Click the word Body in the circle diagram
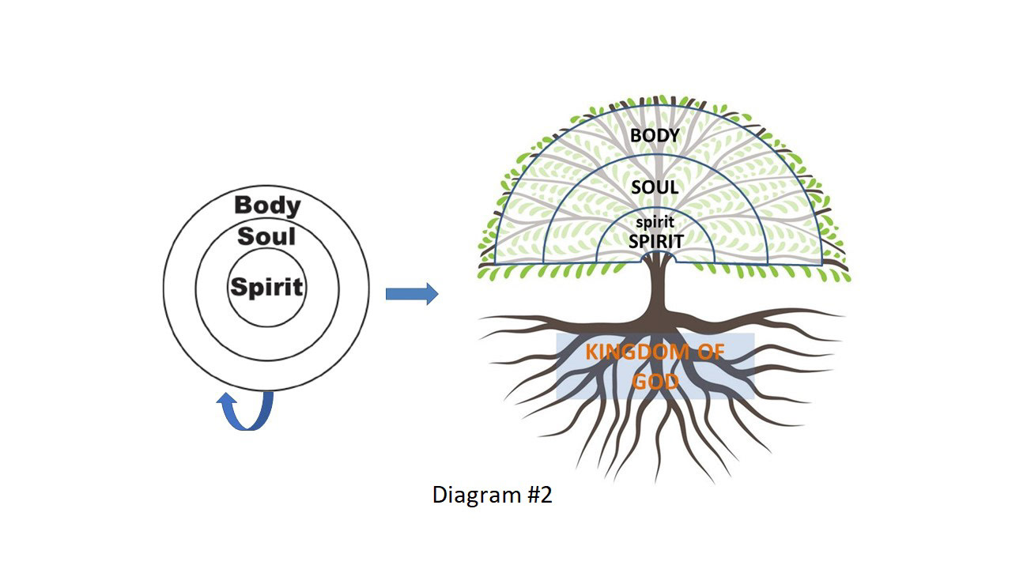click(x=267, y=206)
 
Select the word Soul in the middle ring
click(x=266, y=236)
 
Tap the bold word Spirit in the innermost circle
click(x=266, y=287)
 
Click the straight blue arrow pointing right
click(x=412, y=294)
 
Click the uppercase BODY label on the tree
click(x=655, y=135)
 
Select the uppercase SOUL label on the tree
click(x=655, y=187)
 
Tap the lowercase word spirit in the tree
click(x=655, y=223)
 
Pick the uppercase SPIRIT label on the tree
click(x=656, y=242)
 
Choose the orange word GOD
click(x=655, y=382)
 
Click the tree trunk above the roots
click(x=657, y=289)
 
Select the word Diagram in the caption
click(x=477, y=495)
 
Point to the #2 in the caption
click(x=539, y=495)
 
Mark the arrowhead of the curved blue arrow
click(x=226, y=399)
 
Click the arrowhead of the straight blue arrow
click(x=432, y=294)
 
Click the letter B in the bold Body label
click(x=243, y=205)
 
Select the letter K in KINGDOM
click(x=592, y=352)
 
